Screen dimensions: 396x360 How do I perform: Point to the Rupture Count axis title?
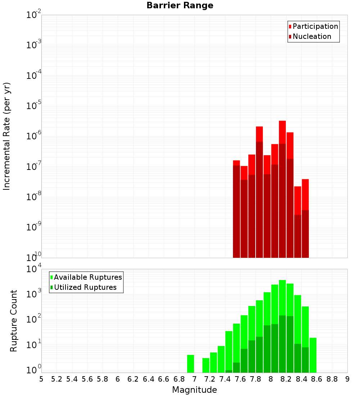(x=14, y=321)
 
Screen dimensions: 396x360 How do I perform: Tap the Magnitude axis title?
(x=194, y=390)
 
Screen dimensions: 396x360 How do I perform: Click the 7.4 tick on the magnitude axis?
(x=225, y=379)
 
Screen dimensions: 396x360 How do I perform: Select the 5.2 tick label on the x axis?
(x=57, y=379)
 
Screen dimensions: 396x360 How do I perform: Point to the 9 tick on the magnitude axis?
(x=347, y=379)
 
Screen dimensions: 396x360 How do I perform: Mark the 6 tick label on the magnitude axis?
(x=118, y=379)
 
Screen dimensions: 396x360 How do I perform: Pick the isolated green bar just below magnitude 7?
(x=190, y=364)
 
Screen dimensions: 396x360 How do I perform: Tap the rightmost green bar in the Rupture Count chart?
(x=313, y=355)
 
